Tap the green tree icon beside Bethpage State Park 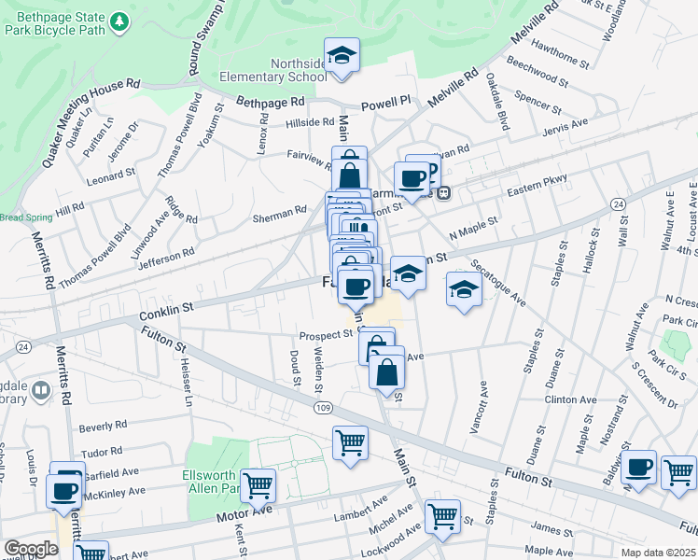pyautogui.click(x=119, y=21)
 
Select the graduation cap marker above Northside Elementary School pyautogui.click(x=342, y=55)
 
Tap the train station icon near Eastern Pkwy pyautogui.click(x=444, y=193)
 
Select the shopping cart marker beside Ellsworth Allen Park pyautogui.click(x=258, y=483)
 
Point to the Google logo pyautogui.click(x=31, y=549)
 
